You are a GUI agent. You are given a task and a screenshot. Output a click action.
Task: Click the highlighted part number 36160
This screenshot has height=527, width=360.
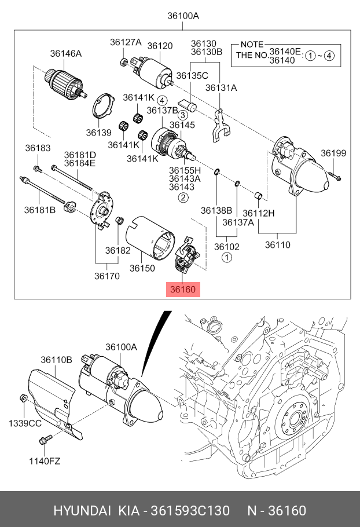coord(183,289)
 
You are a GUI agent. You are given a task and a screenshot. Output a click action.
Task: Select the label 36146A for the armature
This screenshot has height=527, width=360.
coord(65,54)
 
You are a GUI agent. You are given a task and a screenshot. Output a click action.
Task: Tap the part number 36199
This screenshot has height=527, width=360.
coord(333,153)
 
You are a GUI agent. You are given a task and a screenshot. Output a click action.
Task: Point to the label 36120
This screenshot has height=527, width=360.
coord(160,46)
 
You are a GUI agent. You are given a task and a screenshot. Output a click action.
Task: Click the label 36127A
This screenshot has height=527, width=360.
coord(126,42)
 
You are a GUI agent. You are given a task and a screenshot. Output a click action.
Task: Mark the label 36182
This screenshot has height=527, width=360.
coord(117,251)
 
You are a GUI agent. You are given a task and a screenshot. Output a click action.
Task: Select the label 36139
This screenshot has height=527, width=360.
coord(98,133)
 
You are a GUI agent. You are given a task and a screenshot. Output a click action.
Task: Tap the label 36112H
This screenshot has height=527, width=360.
coord(258,213)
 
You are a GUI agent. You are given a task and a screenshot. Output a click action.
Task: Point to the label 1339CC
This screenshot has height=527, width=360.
coord(24,423)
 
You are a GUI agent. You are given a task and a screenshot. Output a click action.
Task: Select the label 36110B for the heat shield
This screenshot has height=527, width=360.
coord(56,360)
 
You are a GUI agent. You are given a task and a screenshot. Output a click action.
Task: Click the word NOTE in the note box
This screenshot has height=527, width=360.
coord(252,45)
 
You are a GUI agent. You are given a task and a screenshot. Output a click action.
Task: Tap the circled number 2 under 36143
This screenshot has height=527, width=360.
coord(183,198)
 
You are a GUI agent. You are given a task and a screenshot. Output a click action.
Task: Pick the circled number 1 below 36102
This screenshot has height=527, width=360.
coord(227,257)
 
